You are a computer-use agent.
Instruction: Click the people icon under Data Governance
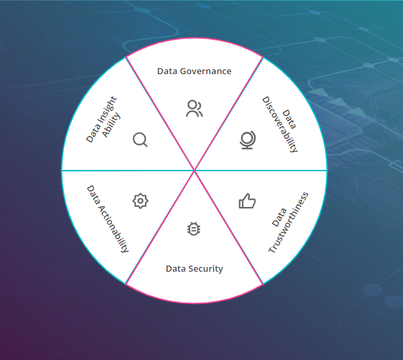click(x=194, y=109)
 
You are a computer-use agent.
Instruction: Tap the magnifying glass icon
click(x=140, y=140)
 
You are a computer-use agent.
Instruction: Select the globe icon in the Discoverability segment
click(x=247, y=140)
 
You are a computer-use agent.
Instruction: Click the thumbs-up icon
click(x=247, y=201)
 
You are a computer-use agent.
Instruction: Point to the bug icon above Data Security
click(x=194, y=229)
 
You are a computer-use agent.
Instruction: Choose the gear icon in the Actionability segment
click(x=140, y=201)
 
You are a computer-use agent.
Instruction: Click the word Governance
click(x=206, y=71)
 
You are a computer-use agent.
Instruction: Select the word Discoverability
click(x=280, y=125)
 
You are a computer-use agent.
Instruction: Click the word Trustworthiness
click(x=288, y=222)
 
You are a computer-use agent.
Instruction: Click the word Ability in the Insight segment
click(x=111, y=125)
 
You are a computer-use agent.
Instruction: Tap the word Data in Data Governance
click(x=167, y=71)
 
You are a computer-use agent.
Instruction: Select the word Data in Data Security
click(x=176, y=269)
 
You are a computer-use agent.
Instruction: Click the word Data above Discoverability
click(x=289, y=119)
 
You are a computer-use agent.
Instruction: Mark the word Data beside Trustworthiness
click(x=279, y=218)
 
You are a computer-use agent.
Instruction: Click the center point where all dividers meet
click(x=194, y=171)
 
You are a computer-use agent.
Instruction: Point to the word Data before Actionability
click(x=93, y=195)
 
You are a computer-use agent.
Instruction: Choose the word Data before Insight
click(x=93, y=133)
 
